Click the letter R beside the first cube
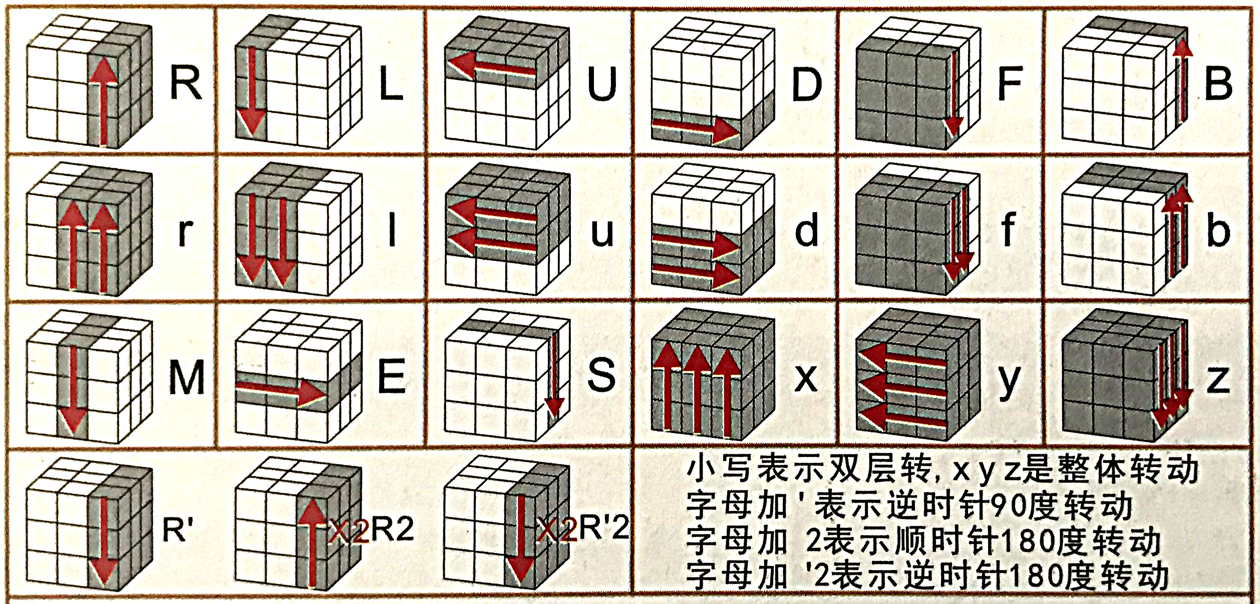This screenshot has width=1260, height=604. point(186,83)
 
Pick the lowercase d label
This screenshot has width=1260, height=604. point(807,230)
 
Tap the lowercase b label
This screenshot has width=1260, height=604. point(1218,230)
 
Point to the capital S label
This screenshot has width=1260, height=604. point(601,375)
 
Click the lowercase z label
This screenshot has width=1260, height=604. point(1218,380)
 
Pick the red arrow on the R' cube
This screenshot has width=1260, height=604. point(104,540)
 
